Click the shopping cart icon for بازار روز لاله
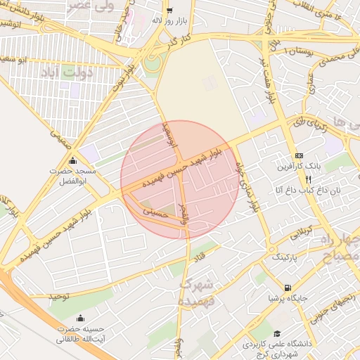coord(169,10)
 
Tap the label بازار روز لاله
coord(169,20)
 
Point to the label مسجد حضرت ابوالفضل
coord(70,176)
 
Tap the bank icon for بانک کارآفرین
coord(299,155)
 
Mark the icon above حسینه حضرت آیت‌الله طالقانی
coord(79,318)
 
